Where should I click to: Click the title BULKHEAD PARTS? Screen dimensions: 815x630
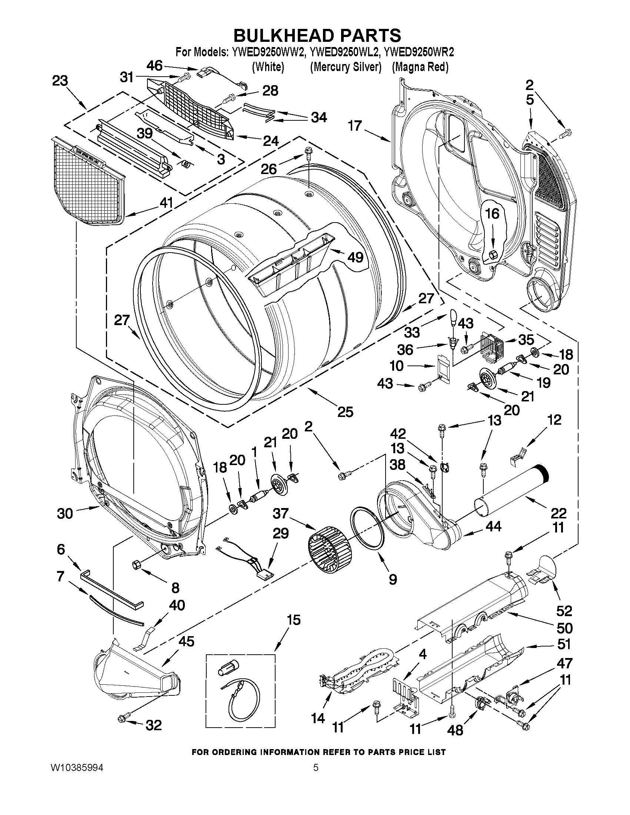317,36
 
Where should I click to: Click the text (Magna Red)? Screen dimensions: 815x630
420,67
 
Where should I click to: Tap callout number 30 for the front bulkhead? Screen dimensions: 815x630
65,514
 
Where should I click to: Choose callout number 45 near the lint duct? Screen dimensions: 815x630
186,641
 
